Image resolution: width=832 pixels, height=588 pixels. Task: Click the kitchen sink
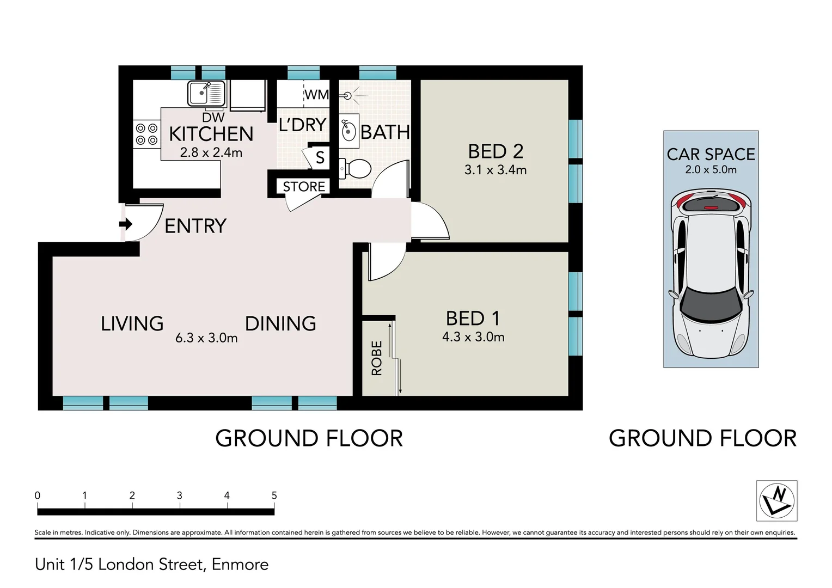tap(206, 93)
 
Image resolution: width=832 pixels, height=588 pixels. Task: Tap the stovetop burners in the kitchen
tap(146, 134)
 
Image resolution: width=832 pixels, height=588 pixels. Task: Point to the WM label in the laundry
tap(316, 95)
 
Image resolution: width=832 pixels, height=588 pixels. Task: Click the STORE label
tap(304, 186)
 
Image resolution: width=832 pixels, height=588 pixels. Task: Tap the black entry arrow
tap(126, 224)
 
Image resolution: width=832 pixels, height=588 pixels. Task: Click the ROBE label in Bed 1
tap(377, 358)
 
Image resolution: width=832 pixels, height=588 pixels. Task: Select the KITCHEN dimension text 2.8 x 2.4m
tap(211, 152)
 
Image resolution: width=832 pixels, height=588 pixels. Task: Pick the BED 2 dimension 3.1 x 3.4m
tap(495, 170)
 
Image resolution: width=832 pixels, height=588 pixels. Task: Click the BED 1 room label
tap(473, 318)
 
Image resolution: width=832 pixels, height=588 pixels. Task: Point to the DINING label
tap(280, 323)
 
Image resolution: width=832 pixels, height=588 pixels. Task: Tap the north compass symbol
tap(776, 501)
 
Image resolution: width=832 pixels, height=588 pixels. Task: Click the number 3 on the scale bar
tap(180, 495)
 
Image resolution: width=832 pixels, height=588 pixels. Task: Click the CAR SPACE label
tap(711, 154)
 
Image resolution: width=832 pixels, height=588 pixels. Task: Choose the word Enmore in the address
tap(240, 565)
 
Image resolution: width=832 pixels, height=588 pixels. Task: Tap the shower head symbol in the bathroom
tap(350, 96)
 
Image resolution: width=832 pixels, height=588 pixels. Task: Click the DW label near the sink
tap(213, 118)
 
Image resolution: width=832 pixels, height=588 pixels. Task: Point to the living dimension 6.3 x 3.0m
tap(206, 338)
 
